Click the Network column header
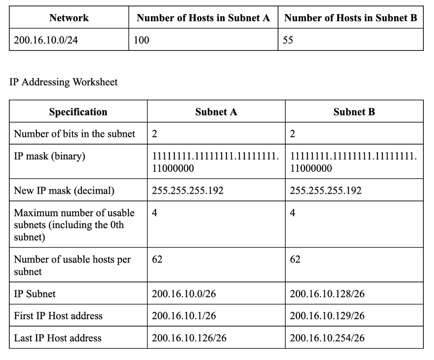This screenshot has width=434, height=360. [x=69, y=18]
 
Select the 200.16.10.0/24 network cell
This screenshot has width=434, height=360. [x=46, y=40]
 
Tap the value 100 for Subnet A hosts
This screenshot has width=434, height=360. [x=141, y=40]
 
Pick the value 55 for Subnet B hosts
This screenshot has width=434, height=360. [x=288, y=40]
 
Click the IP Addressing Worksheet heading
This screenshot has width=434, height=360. [x=64, y=82]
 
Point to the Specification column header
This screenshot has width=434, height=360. [x=78, y=112]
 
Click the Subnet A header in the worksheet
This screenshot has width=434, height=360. [x=216, y=112]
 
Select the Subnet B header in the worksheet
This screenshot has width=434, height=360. [x=354, y=112]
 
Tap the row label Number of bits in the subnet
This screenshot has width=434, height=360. [x=75, y=134]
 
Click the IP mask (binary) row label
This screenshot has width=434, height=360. [x=50, y=156]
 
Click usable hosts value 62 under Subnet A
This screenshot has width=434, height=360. [x=157, y=259]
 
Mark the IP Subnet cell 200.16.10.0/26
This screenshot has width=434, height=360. [x=184, y=294]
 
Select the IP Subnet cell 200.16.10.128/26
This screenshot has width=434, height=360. [x=327, y=294]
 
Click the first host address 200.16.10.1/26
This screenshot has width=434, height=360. [x=184, y=316]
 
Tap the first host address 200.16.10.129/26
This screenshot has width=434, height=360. [x=327, y=316]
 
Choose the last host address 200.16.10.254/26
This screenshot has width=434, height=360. [x=327, y=338]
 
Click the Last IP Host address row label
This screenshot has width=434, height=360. [x=58, y=338]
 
